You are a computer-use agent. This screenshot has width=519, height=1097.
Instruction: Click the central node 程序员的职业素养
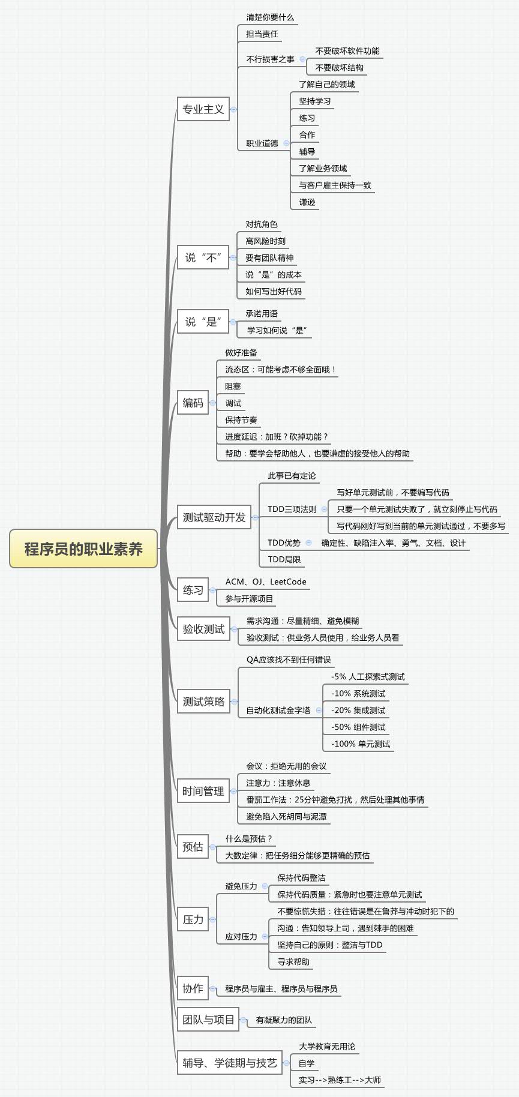[x=83, y=548]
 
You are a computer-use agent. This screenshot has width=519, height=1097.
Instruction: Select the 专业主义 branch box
[x=203, y=109]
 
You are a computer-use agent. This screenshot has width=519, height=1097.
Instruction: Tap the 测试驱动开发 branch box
[x=214, y=517]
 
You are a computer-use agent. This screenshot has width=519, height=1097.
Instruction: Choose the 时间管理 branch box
[x=203, y=791]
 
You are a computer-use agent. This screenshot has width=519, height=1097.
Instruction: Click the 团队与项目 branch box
[x=208, y=1020]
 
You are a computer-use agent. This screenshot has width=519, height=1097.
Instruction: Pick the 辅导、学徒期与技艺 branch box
[x=230, y=1063]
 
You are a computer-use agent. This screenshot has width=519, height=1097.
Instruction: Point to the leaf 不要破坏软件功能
[x=347, y=51]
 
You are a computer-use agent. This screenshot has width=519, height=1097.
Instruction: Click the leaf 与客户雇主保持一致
[x=335, y=185]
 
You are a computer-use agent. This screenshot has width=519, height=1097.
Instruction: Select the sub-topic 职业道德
[x=262, y=143]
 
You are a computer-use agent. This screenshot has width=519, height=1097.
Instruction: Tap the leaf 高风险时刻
[x=265, y=241]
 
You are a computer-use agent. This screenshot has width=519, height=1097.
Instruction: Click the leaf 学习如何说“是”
[x=277, y=331]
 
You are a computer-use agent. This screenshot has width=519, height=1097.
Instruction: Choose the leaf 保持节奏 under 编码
[x=241, y=420]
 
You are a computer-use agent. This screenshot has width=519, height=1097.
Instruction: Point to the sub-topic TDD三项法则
[x=292, y=509]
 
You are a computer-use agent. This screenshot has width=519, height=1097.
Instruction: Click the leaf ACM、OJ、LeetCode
[x=266, y=582]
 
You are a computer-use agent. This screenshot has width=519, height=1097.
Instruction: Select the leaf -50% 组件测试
[x=358, y=727]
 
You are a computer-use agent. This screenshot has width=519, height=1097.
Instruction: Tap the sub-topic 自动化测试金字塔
[x=278, y=711]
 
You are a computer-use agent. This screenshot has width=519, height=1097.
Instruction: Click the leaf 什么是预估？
[x=249, y=839]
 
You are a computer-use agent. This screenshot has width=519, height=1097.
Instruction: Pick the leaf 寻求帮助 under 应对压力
[x=293, y=962]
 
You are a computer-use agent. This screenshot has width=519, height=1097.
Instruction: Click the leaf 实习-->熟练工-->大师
[x=340, y=1080]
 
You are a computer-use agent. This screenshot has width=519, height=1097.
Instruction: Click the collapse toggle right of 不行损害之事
[x=302, y=59]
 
